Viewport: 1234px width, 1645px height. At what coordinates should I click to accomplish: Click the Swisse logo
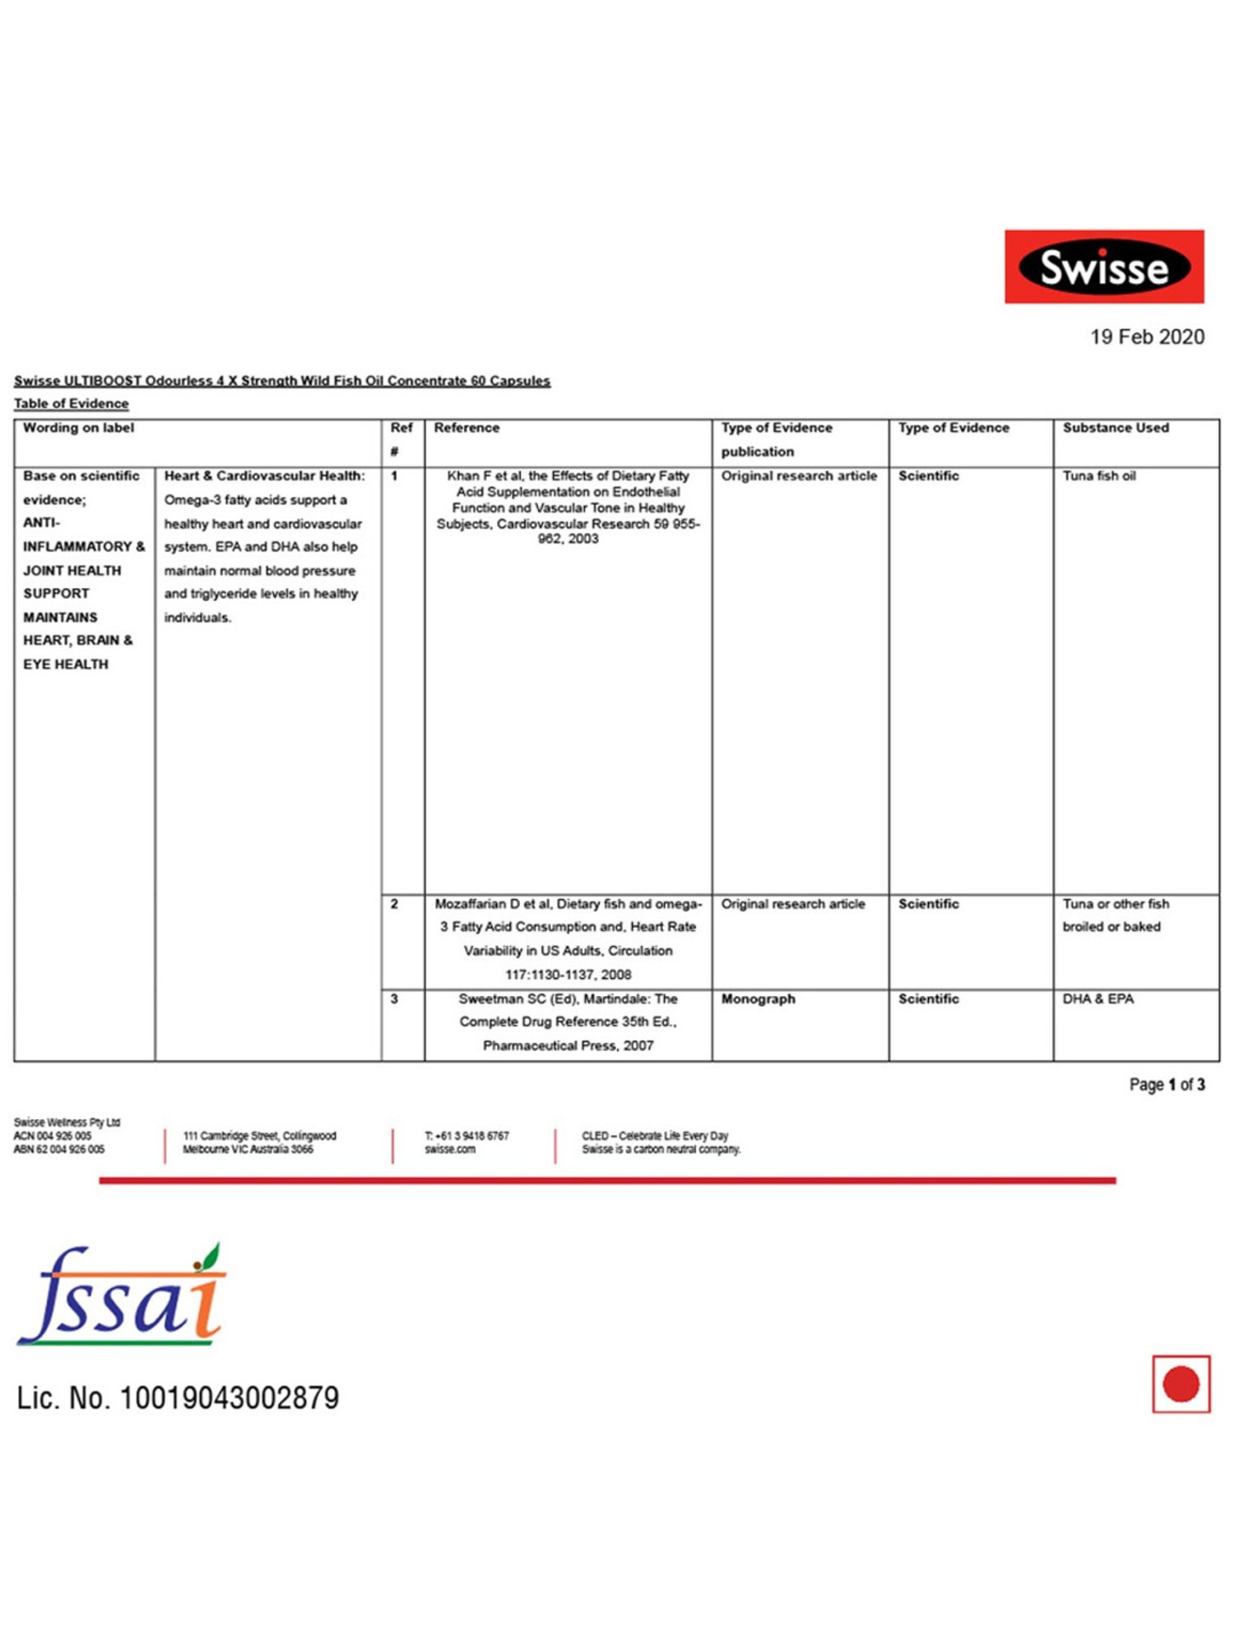click(x=1104, y=266)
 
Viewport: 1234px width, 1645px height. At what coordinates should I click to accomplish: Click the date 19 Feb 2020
click(x=1147, y=336)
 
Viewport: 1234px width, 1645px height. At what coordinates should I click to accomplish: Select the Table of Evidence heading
click(x=71, y=404)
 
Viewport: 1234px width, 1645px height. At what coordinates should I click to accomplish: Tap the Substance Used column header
click(x=1115, y=428)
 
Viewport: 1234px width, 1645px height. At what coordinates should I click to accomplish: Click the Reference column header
click(x=466, y=428)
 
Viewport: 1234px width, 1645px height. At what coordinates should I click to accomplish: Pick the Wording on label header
click(x=78, y=428)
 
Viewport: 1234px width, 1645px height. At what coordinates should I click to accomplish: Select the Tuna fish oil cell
click(x=1098, y=475)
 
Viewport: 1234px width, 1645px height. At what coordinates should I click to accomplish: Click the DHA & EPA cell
click(x=1097, y=999)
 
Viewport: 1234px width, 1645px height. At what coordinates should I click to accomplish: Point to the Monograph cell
click(x=758, y=999)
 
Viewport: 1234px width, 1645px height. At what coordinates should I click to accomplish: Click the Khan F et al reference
click(x=568, y=507)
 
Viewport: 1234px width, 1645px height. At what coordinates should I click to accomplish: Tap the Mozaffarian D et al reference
click(x=568, y=938)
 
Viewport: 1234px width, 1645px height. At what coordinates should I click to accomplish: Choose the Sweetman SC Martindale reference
click(x=568, y=1022)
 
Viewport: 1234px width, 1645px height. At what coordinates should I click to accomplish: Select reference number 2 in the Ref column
click(x=394, y=904)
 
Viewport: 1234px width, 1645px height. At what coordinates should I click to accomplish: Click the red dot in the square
click(x=1181, y=1384)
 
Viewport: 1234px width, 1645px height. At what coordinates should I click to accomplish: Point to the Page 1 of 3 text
click(x=1167, y=1085)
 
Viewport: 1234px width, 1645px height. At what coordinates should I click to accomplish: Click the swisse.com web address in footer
click(x=450, y=1149)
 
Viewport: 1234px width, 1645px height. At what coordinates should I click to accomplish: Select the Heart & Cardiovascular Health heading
click(x=264, y=475)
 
